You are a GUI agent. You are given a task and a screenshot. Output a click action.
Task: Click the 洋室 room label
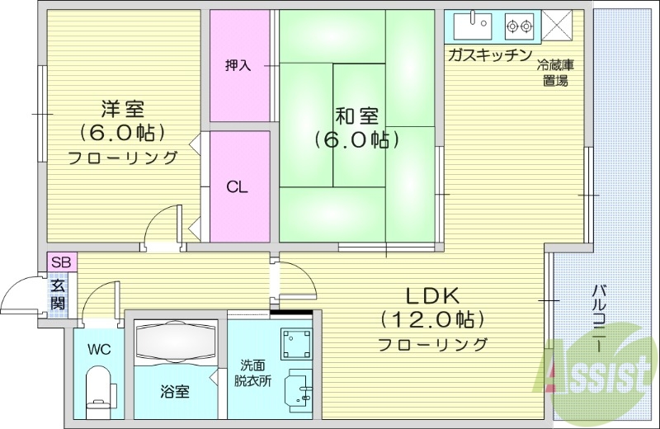123,108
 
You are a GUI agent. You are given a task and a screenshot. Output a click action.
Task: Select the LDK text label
431,295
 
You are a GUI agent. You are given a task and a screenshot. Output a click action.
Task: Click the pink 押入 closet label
238,65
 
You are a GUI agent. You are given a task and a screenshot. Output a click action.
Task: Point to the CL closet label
238,186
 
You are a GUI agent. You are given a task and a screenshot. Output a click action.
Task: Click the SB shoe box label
61,262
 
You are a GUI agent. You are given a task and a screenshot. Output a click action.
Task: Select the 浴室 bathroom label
174,391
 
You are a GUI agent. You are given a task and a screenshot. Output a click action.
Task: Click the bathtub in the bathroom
175,340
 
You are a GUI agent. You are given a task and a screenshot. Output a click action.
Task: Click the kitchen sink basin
474,26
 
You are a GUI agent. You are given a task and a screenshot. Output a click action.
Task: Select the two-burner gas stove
518,26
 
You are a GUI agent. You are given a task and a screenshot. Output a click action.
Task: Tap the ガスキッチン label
489,54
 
